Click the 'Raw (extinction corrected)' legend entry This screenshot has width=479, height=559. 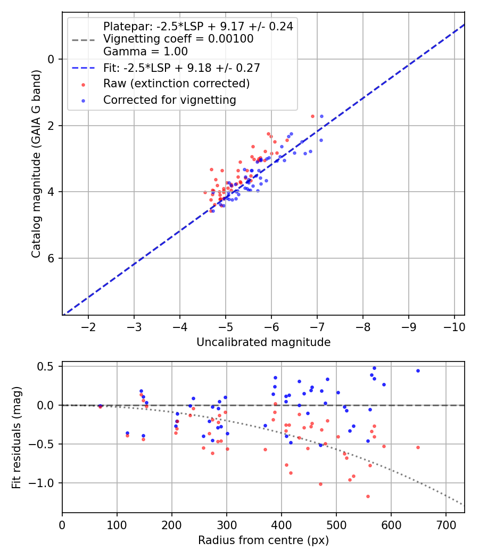click(x=176, y=84)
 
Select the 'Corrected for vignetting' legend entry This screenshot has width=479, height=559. click(x=169, y=100)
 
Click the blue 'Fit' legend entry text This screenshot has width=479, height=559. click(x=181, y=68)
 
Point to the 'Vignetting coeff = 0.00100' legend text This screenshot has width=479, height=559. click(x=178, y=39)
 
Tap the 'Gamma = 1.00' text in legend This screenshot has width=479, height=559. click(x=145, y=52)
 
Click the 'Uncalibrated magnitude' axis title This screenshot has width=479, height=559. click(x=263, y=342)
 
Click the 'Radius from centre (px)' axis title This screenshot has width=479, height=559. click(x=263, y=540)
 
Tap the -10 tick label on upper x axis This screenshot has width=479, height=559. click(x=454, y=326)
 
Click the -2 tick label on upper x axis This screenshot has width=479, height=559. click(x=88, y=326)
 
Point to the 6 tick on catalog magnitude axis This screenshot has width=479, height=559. click(x=52, y=258)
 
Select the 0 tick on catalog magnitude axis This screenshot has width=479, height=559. click(x=52, y=59)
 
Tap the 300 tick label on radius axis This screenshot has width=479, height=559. click(x=227, y=524)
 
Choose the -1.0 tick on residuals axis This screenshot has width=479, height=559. click(x=44, y=483)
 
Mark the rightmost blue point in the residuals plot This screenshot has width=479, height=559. click(x=418, y=371)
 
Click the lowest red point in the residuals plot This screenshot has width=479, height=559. click(x=368, y=496)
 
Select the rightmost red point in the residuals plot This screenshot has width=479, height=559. click(x=418, y=447)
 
